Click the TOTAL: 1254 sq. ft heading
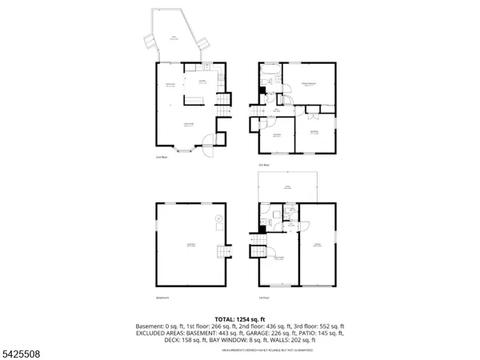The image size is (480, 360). (x=239, y=318)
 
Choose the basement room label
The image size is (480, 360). (x=190, y=244)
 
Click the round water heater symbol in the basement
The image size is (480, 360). (x=217, y=220)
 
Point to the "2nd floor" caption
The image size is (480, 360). (x=161, y=157)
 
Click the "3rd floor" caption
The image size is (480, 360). (x=264, y=164)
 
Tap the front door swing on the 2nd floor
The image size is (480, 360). (x=207, y=142)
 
